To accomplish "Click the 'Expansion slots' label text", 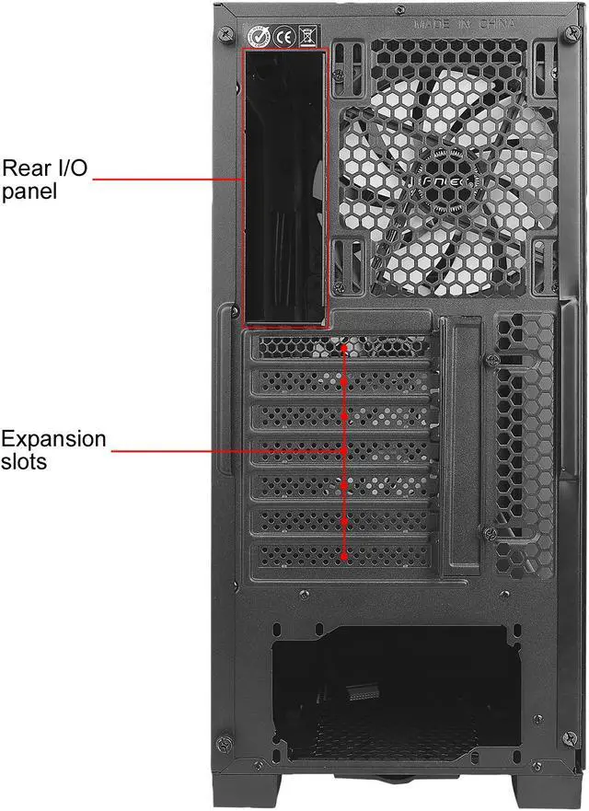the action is [53, 449].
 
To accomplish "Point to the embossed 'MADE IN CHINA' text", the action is [464, 24].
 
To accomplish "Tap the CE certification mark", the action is [283, 38].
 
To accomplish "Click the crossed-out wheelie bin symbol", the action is [307, 38].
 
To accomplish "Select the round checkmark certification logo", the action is [259, 38].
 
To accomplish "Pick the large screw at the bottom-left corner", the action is [223, 742].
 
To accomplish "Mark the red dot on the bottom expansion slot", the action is [344, 556].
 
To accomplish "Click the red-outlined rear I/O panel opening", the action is [283, 189].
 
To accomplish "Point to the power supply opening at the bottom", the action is [391, 686].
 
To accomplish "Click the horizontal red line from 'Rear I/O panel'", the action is [166, 180].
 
